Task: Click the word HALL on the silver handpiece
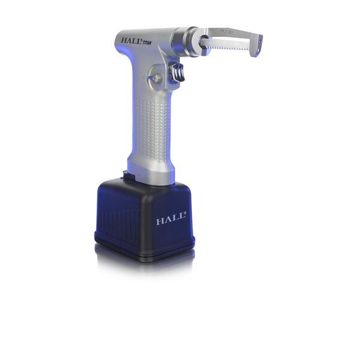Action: pos(131,41)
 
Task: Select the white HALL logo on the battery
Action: pos(170,221)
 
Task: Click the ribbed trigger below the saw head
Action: pos(179,73)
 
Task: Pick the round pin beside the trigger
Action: pos(157,78)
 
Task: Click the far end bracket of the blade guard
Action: pos(257,45)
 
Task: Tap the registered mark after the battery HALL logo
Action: pos(185,217)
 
